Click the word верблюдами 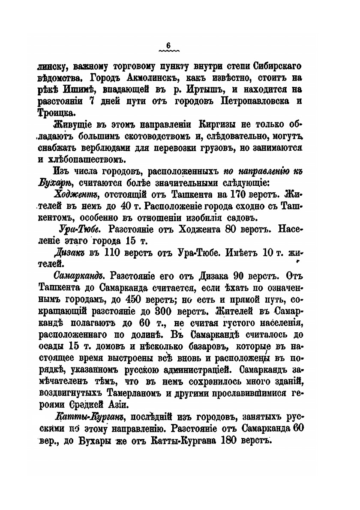(107, 148)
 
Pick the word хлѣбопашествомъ (87, 160)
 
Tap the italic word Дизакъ (70, 252)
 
